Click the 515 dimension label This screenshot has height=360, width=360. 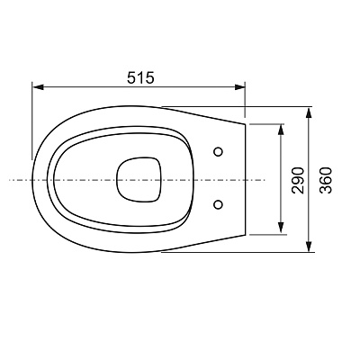click(140, 77)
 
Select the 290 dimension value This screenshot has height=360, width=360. click(298, 180)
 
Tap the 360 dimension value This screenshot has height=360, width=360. click(326, 180)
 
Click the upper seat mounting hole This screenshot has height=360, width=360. click(219, 152)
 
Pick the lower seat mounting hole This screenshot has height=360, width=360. click(219, 204)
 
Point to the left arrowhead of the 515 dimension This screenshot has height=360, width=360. click(38, 87)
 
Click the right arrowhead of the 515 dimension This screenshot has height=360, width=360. click(239, 87)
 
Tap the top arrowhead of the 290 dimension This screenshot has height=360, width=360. click(281, 130)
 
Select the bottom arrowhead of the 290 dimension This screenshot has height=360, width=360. click(281, 228)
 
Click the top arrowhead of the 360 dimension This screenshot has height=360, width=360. click(309, 112)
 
